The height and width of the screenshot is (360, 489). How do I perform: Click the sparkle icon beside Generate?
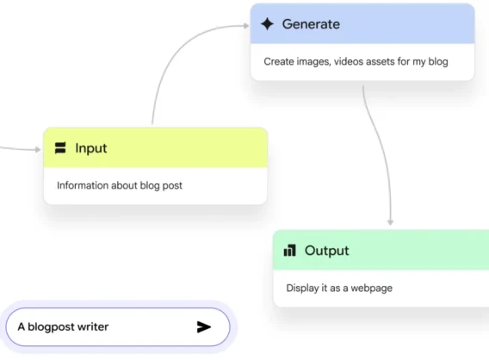267,24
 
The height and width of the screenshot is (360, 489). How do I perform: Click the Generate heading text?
311,24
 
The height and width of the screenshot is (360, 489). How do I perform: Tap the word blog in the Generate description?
438,61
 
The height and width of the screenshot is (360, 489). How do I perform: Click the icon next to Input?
60,148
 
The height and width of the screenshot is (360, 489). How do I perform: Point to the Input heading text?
91,148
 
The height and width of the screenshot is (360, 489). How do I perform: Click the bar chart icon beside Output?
290,250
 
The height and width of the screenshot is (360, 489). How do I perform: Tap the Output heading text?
327,251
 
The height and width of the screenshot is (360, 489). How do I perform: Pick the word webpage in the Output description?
371,288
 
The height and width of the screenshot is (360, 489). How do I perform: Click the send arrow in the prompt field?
204,327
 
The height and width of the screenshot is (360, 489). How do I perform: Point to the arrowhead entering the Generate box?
246,26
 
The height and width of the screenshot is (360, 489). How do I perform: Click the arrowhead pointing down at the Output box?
390,222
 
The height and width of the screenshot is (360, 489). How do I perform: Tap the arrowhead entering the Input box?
38,150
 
